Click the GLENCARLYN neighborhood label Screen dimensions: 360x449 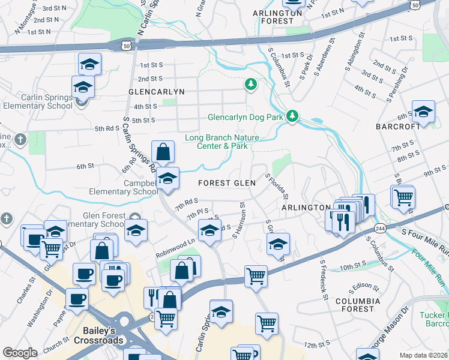(x=155, y=92)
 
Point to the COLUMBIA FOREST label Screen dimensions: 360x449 (x=357, y=304)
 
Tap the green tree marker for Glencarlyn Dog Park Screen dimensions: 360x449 (x=292, y=116)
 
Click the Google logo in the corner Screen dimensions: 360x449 (x=20, y=353)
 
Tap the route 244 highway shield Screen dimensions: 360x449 (x=381, y=229)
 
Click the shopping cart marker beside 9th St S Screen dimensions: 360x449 (x=403, y=196)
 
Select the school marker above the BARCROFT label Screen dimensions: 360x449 (x=423, y=112)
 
